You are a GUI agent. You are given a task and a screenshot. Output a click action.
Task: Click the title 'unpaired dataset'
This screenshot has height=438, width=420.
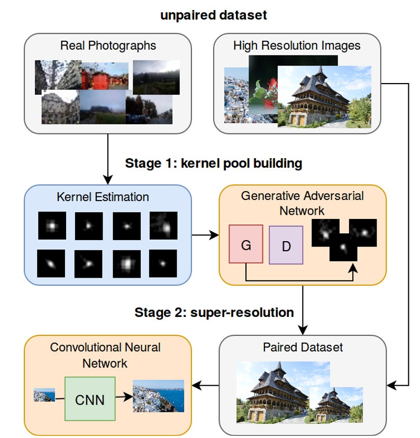214,15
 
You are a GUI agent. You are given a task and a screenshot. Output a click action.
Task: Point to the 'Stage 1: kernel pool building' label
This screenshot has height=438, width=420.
214,163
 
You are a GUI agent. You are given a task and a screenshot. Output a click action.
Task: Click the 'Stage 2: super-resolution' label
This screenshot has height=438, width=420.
214,313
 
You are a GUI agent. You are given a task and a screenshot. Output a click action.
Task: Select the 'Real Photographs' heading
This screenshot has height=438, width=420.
108,45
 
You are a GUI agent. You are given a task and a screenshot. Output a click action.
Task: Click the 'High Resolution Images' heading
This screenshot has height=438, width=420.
297,45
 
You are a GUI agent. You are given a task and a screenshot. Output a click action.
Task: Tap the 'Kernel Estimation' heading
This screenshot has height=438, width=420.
103,197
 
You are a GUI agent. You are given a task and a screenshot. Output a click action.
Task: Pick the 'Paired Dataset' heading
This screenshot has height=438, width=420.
303,348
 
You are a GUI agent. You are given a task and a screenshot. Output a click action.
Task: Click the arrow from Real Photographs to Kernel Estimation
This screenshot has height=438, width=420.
107,159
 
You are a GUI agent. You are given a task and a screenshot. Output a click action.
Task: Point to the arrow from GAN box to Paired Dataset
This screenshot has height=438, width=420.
303,309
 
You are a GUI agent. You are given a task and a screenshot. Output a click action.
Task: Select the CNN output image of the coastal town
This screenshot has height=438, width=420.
158,396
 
